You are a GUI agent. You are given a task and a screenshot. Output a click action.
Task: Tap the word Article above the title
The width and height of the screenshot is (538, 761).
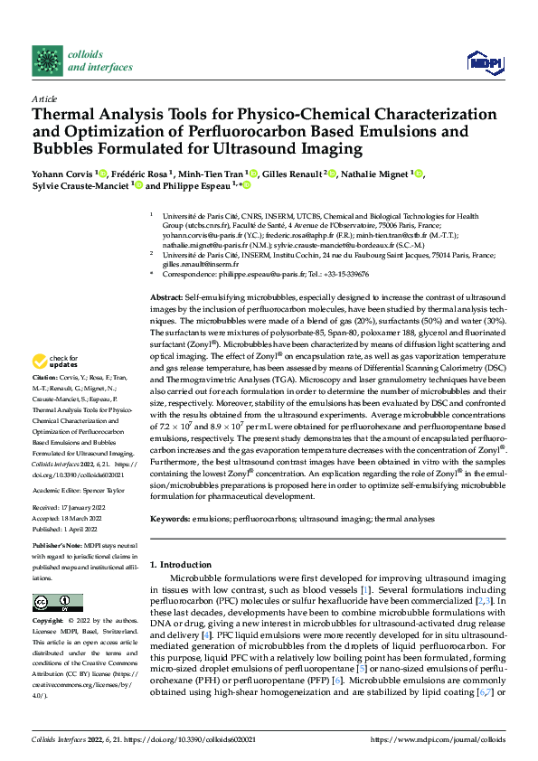click(44, 99)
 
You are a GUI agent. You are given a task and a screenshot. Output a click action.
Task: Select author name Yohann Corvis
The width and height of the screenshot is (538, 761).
click(65, 174)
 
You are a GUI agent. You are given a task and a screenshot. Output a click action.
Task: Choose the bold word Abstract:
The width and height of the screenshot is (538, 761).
click(166, 297)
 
